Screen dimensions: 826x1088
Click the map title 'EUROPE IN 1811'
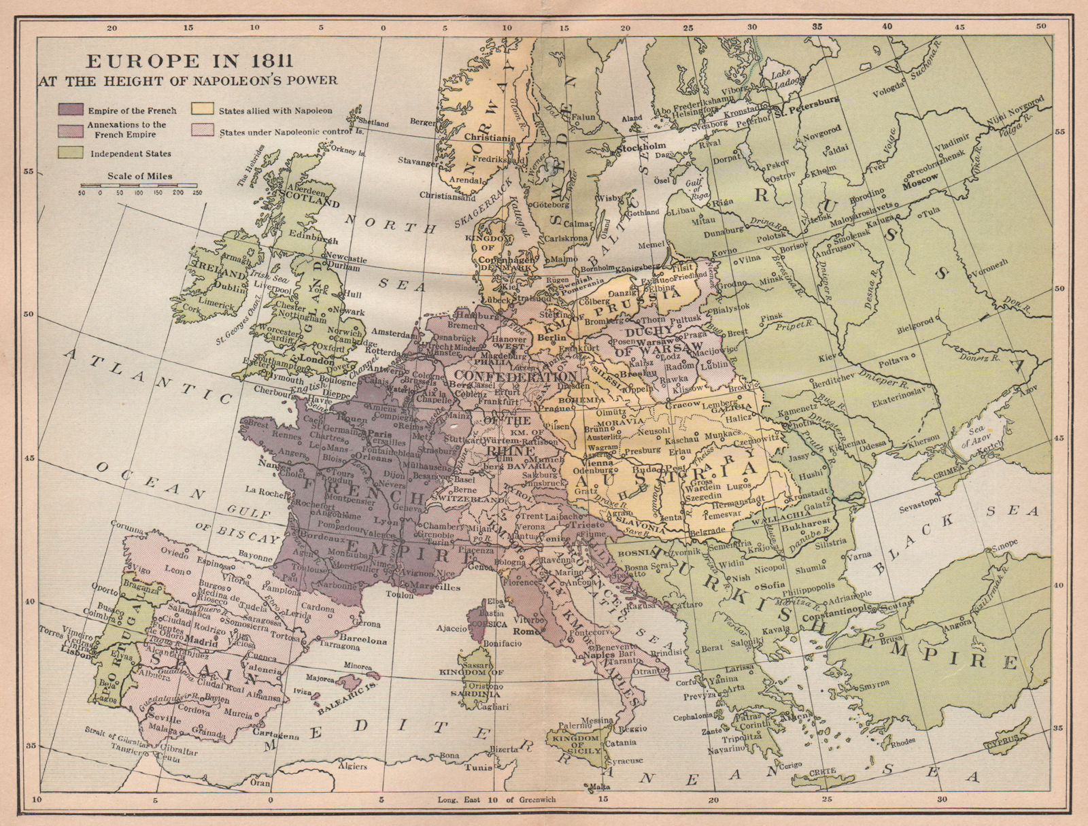coord(189,61)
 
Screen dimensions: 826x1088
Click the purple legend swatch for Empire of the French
coord(71,110)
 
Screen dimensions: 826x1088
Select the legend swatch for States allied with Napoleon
coord(201,109)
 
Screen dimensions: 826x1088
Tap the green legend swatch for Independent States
coord(71,153)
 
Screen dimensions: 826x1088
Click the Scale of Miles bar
coord(139,185)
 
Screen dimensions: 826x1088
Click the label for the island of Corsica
coord(494,623)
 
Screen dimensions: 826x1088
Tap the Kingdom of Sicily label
coord(576,744)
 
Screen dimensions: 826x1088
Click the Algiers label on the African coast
coord(352,766)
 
